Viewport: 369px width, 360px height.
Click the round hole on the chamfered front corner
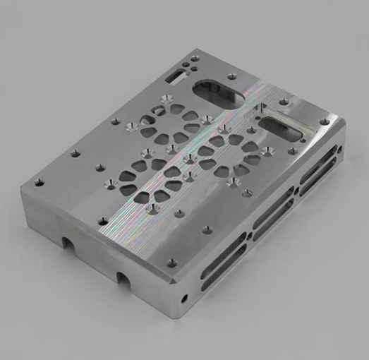(186, 296)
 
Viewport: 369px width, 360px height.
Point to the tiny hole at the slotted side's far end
(340, 149)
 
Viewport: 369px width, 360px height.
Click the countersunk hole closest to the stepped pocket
(268, 150)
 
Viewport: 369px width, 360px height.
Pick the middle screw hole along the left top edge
(75, 152)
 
